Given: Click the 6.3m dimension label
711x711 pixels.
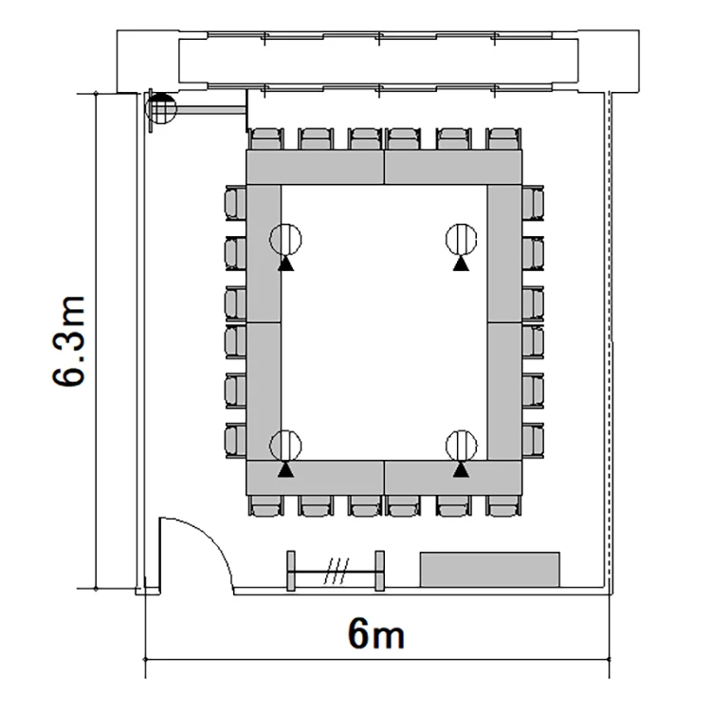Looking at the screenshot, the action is point(69,341).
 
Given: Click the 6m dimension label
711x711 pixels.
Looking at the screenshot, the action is point(376,634).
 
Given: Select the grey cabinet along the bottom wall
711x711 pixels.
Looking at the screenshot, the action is point(490,570).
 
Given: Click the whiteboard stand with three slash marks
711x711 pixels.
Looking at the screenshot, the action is point(336,571).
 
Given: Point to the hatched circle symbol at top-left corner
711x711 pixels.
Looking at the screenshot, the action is point(160,108).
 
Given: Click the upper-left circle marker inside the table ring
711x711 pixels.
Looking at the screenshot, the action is point(285,240).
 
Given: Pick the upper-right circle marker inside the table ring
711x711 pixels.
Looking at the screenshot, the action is point(461,239).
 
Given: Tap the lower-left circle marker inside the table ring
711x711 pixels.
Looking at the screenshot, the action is point(285,446).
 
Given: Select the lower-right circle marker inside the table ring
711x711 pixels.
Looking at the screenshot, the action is point(461,446).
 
